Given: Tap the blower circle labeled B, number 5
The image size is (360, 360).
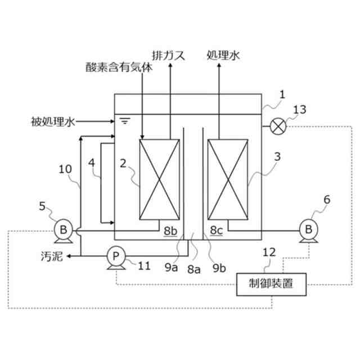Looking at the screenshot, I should [x=64, y=229].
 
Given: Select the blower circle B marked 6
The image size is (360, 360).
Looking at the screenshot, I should [x=308, y=228].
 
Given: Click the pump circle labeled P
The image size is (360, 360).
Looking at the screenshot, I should [x=116, y=256].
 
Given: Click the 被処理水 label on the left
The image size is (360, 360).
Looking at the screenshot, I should [x=54, y=120].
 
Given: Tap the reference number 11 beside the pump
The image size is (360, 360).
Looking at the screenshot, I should [x=144, y=263].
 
